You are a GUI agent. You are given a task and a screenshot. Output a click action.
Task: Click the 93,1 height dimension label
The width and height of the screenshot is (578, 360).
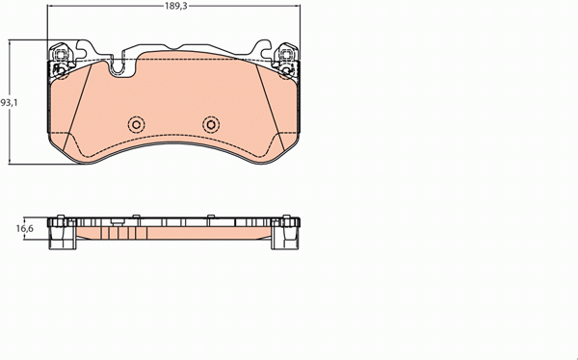tap(8, 102)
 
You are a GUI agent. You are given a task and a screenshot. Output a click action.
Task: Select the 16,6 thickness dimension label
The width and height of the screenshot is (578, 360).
tap(25, 228)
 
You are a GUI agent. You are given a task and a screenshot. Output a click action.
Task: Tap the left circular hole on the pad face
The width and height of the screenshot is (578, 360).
tap(136, 124)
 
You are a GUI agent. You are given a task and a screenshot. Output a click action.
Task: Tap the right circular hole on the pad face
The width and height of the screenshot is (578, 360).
tap(211, 124)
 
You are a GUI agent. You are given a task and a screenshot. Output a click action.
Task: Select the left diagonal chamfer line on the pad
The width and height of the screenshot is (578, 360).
tap(81, 106)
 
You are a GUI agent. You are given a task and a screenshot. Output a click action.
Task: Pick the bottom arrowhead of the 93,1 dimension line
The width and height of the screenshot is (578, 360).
tap(12, 164)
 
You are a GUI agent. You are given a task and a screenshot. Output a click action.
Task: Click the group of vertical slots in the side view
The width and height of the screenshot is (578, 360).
tap(117, 230)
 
